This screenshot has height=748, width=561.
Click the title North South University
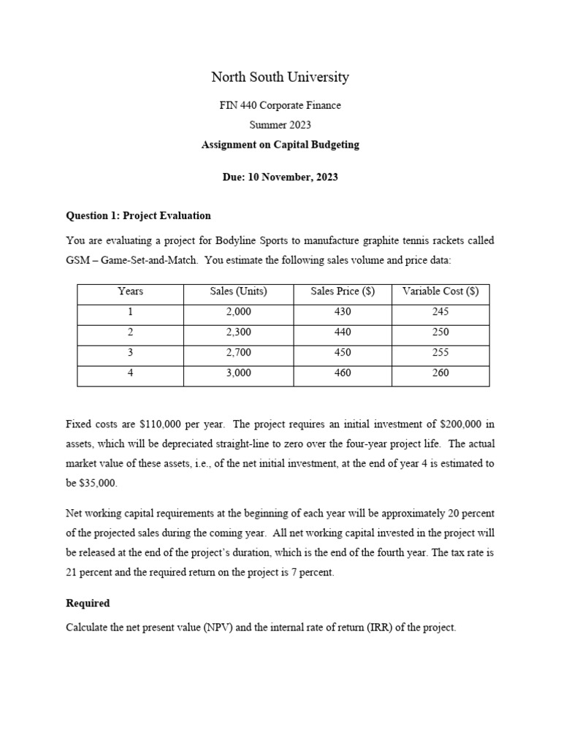(280, 77)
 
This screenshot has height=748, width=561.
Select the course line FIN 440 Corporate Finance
(280, 105)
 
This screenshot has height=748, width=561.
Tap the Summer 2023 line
(280, 125)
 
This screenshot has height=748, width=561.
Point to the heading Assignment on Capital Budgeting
(280, 145)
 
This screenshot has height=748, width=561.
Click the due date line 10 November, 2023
(280, 177)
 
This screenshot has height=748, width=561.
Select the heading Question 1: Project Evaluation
(138, 215)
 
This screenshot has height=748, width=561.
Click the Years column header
(130, 291)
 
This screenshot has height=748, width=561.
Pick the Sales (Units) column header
(238, 291)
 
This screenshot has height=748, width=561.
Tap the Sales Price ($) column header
(342, 291)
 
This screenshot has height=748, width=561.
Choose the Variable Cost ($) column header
(440, 291)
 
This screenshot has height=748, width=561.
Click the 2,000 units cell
(238, 312)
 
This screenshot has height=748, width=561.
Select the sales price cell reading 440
(342, 332)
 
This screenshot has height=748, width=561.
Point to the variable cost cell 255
(440, 352)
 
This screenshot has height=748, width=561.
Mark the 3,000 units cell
(238, 373)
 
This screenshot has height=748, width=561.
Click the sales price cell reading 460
(342, 373)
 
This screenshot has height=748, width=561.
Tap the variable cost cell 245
(440, 312)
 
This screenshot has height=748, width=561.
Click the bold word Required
(88, 603)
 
